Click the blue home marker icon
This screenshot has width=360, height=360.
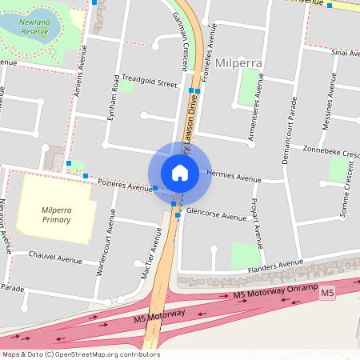[x=180, y=172]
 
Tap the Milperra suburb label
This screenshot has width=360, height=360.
[x=239, y=62]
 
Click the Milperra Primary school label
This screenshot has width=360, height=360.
[x=56, y=214]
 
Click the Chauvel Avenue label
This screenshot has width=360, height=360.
[x=55, y=259]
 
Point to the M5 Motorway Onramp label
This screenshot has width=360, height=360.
[x=275, y=294]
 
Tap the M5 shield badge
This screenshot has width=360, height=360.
[x=326, y=294]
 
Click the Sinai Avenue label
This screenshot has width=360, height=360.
[x=344, y=53]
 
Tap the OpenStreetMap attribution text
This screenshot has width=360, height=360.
[x=80, y=354]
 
